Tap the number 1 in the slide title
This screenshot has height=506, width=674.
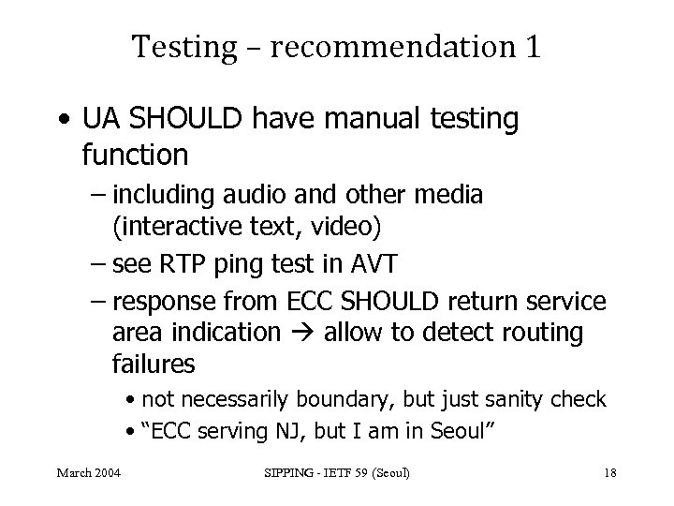532,46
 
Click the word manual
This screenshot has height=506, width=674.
362,120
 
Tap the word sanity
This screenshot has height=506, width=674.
521,400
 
